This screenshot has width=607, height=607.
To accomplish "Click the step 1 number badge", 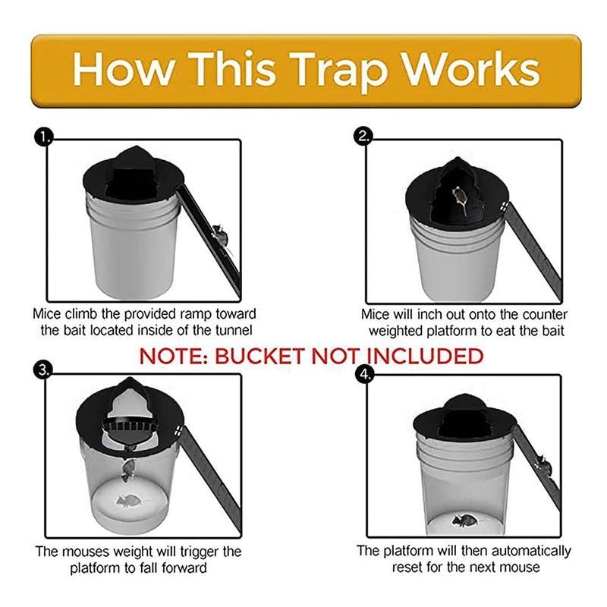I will click(x=44, y=138).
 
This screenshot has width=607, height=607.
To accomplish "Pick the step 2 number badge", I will click(x=363, y=138).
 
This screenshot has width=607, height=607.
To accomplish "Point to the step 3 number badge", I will click(x=44, y=370).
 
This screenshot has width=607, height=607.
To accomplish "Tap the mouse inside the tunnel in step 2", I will click(x=459, y=198).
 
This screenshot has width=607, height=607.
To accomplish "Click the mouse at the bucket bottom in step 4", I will click(x=462, y=520).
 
